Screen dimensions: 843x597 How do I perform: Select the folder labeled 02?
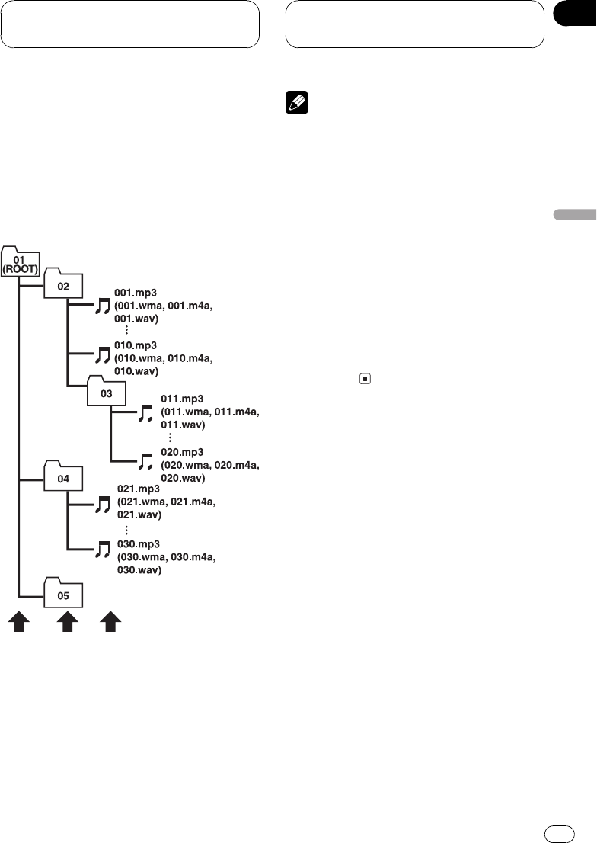point(64,285)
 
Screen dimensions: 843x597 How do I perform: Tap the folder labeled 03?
point(107,393)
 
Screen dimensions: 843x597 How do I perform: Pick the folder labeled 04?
point(64,478)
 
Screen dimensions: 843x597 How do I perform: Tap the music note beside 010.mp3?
point(103,355)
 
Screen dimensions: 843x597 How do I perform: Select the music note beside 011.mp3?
point(146,414)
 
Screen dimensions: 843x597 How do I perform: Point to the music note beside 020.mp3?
point(146,462)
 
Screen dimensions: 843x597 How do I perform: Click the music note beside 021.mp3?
point(103,505)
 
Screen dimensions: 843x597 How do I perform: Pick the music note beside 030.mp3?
point(103,549)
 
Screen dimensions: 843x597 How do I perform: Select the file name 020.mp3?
point(182,451)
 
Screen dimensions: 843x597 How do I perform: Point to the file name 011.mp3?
point(182,398)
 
